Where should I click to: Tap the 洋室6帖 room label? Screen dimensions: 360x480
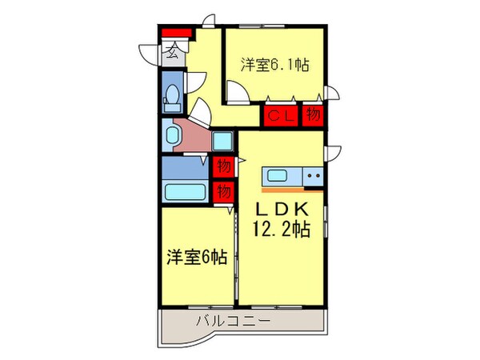point(196,257)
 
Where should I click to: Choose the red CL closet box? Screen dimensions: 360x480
point(282,116)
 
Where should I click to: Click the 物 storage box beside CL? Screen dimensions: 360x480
point(313,116)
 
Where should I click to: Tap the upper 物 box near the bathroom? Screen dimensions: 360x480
point(223,167)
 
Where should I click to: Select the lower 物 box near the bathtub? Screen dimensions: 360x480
point(223,191)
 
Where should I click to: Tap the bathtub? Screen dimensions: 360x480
point(185,193)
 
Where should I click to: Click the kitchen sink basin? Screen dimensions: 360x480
point(278,176)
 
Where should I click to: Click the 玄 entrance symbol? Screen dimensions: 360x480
point(172,54)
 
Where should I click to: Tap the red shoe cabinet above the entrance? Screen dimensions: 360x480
point(177,33)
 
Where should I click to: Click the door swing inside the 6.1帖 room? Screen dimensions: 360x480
point(234,90)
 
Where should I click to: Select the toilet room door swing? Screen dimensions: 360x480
point(196,84)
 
